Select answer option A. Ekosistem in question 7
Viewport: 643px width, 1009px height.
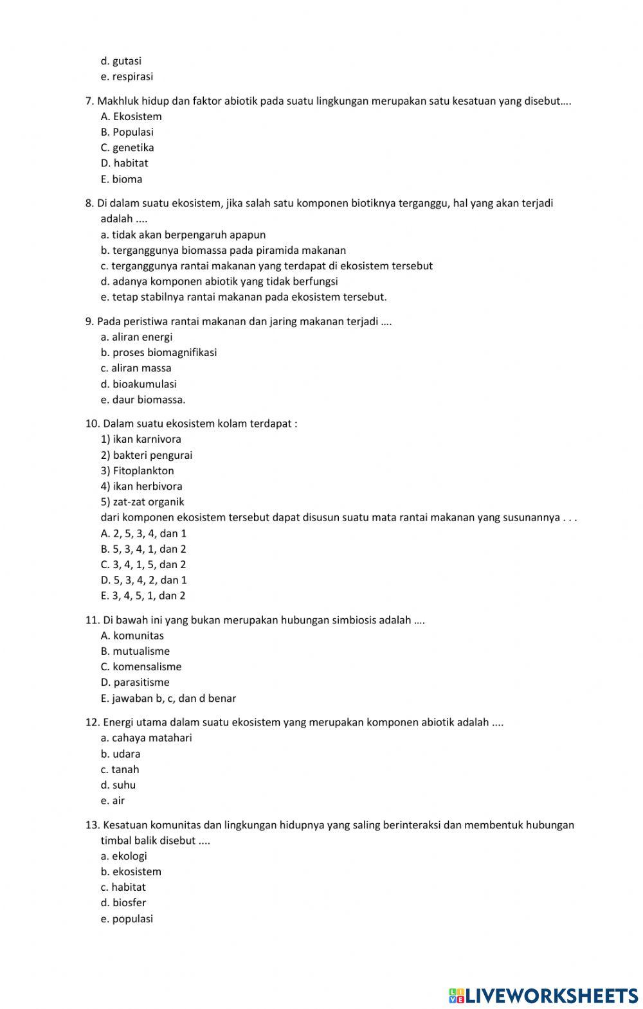(131, 116)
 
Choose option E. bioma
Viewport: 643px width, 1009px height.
(122, 179)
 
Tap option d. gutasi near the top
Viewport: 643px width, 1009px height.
(121, 61)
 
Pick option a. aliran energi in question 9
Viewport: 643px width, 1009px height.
(136, 337)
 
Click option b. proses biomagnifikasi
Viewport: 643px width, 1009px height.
(158, 352)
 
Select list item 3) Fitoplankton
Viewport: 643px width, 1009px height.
(137, 470)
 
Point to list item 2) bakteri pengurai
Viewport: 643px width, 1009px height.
(147, 455)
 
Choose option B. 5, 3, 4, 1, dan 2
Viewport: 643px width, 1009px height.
(143, 549)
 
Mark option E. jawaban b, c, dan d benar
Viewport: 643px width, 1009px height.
(168, 698)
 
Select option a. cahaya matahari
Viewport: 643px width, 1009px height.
(146, 738)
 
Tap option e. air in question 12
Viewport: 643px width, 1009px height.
(113, 800)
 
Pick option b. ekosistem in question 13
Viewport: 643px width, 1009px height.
(131, 871)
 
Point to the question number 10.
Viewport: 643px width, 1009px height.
(91, 424)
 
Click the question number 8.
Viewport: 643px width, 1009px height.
(89, 203)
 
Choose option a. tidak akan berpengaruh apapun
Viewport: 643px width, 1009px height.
(183, 235)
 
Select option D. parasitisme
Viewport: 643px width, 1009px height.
(135, 682)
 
